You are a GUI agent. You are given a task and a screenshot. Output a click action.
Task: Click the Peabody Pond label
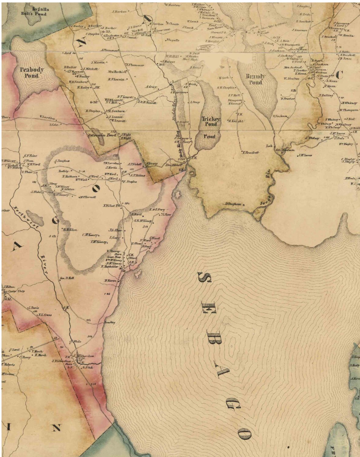click(32, 73)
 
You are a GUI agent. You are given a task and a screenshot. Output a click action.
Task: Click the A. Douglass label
click(62, 161)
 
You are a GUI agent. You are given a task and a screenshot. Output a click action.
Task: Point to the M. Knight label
click(236, 121)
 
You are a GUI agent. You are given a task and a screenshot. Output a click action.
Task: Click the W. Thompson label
click(348, 110)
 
